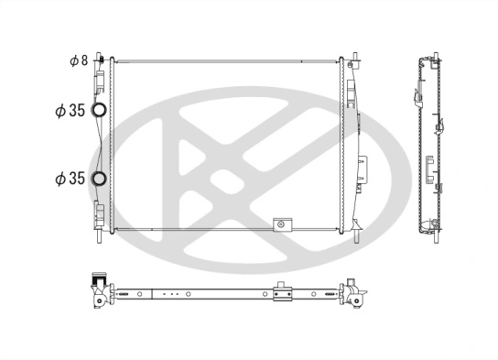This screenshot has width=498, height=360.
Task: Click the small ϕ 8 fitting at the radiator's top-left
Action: coord(102,60)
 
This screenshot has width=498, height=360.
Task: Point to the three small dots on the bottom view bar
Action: coord(168,294)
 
